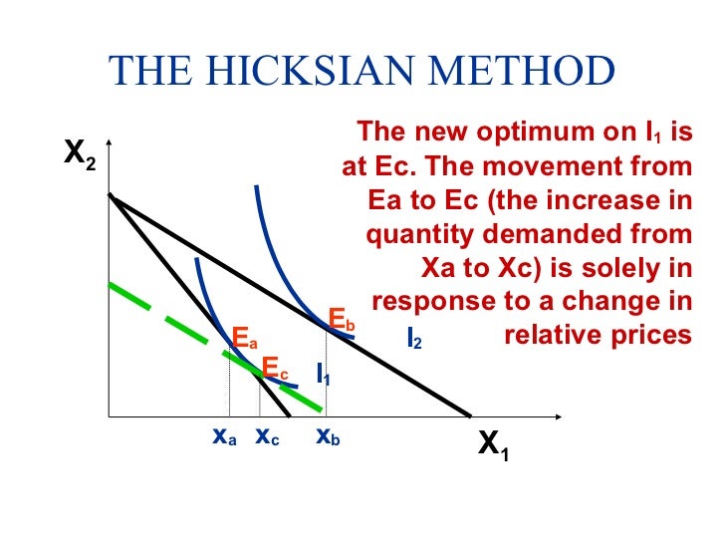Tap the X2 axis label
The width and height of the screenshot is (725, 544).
[x=80, y=155]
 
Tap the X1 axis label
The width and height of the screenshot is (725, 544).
[x=493, y=445]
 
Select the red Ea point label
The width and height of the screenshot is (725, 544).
[x=244, y=338]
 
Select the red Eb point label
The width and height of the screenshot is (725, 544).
[x=342, y=320]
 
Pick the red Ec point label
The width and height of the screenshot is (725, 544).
[x=274, y=369]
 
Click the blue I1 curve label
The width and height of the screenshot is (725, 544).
[x=324, y=375]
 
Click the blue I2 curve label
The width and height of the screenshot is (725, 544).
[x=414, y=339]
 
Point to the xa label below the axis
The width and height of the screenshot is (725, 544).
[x=224, y=436]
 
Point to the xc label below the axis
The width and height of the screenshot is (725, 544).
[x=267, y=436]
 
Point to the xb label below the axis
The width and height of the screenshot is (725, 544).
[x=328, y=436]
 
